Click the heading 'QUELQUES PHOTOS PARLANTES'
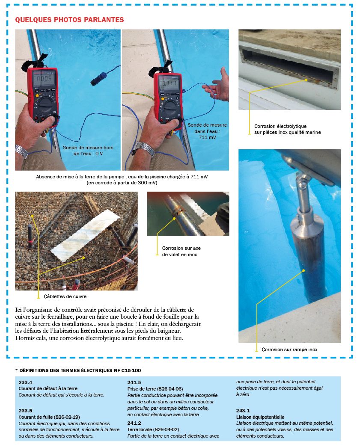click(x=69, y=20)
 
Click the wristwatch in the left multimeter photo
click(x=21, y=151)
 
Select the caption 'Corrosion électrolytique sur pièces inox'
click(x=287, y=129)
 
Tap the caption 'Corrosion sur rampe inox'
click(x=289, y=349)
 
